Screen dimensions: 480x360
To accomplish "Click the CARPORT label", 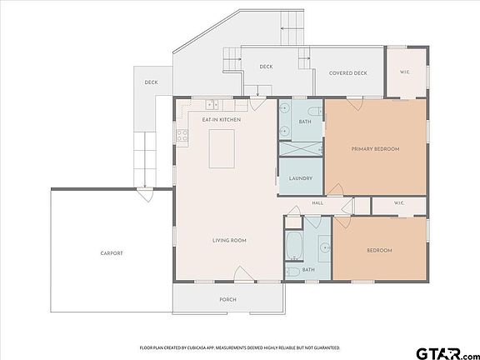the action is (112, 253).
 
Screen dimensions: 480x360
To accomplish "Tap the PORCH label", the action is (228, 299).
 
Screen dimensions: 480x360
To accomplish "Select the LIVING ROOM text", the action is (229, 240).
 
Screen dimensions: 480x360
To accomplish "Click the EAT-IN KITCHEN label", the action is (222, 119).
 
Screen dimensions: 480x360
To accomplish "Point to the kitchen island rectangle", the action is (222, 149).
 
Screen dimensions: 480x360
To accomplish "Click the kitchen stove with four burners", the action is (182, 136).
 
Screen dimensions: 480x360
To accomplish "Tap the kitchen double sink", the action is (212, 105).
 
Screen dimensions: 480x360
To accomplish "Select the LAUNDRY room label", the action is (301, 178).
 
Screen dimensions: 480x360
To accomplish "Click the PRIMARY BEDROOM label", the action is (375, 149).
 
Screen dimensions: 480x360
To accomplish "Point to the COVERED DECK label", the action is (348, 73).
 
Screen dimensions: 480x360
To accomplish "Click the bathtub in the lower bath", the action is (294, 245).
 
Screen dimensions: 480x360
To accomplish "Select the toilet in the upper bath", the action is (315, 111).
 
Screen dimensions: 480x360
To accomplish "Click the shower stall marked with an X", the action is (301, 149).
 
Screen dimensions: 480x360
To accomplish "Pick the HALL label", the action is (317, 203).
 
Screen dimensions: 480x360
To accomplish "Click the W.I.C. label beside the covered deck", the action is (405, 72).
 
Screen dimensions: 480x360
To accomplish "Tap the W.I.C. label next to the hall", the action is (399, 203).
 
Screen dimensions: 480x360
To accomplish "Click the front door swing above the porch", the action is (243, 273).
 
